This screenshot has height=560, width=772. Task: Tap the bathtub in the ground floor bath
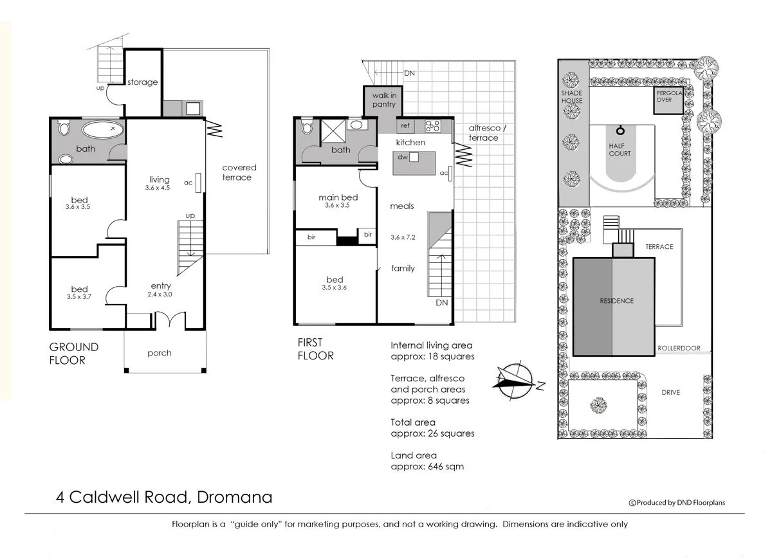[103, 129]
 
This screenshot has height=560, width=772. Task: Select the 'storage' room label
[142, 82]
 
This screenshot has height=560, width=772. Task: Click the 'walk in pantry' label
[384, 100]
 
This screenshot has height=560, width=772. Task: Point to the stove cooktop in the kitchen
[432, 126]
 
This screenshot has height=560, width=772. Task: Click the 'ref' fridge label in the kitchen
[405, 125]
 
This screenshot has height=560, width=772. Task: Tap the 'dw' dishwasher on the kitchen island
[414, 157]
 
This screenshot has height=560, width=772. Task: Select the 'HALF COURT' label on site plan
[620, 150]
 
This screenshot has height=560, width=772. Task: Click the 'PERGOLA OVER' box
[668, 100]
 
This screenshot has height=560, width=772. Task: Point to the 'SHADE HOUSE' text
[572, 97]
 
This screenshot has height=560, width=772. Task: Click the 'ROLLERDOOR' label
[679, 348]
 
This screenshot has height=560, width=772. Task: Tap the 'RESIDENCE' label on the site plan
[616, 301]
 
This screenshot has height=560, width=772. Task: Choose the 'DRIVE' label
[670, 392]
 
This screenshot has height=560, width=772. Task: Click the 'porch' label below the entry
[160, 353]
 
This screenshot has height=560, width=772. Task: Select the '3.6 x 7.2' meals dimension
[403, 237]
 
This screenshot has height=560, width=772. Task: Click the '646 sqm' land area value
[446, 466]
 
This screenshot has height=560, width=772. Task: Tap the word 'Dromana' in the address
[234, 497]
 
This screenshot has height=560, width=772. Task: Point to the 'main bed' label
[338, 197]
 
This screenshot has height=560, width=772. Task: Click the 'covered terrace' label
[239, 172]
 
